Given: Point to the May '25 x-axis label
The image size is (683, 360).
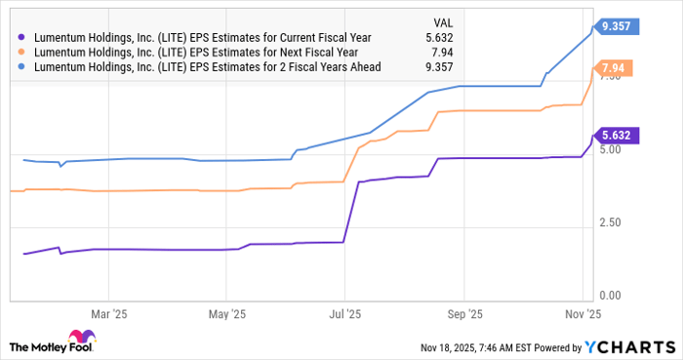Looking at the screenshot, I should click(225, 314).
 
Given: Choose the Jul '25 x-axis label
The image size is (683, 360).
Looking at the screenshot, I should click(343, 314).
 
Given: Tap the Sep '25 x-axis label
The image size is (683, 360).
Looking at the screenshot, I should click(463, 314).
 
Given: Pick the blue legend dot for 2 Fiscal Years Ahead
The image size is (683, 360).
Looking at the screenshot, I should click(21, 66).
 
